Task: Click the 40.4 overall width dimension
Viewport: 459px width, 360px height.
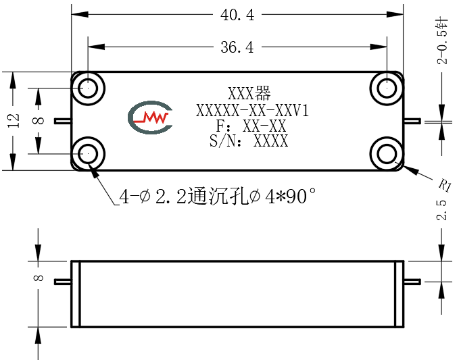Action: (237, 15)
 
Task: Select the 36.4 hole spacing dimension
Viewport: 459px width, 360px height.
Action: (237, 47)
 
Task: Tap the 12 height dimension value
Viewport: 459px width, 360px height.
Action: (14, 120)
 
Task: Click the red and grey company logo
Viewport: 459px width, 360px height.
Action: (150, 118)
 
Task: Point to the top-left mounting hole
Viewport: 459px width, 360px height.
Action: (88, 88)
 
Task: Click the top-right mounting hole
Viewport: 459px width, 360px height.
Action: (387, 88)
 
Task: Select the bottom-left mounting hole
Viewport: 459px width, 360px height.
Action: (88, 153)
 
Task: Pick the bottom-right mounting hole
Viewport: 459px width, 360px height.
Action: (387, 153)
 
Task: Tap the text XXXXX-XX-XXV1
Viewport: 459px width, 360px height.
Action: (252, 111)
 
